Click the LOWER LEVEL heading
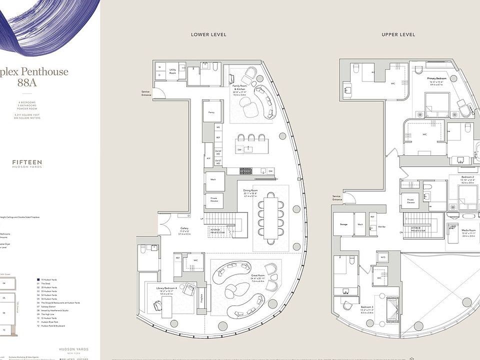point(208,34)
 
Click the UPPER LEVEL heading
point(398,34)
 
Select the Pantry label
point(211,113)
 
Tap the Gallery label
point(184,231)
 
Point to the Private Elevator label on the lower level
point(213,199)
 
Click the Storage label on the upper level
point(343,224)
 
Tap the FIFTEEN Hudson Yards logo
point(27,163)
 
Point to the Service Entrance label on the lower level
point(146,93)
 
